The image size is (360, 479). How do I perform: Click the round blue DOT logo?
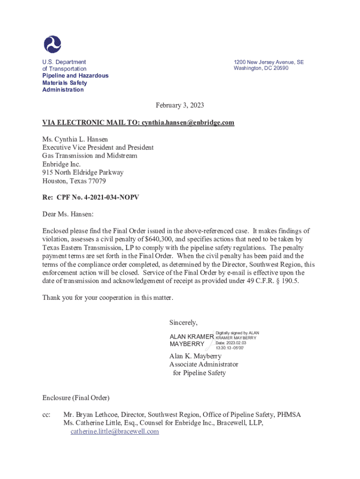(x=52, y=44)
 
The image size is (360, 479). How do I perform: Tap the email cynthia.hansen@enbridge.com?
(x=187, y=123)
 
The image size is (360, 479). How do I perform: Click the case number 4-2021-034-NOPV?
(x=107, y=198)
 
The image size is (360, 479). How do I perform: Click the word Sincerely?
(x=183, y=322)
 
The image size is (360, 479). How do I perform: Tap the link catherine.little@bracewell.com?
(x=115, y=432)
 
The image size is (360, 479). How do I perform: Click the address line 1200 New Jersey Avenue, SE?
(x=268, y=62)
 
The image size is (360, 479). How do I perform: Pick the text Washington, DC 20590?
(x=261, y=68)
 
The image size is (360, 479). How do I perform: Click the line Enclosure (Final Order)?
(x=76, y=398)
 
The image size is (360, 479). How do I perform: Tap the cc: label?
(x=46, y=414)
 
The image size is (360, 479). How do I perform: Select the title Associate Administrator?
(x=203, y=364)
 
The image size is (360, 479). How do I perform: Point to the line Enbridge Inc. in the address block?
(x=61, y=164)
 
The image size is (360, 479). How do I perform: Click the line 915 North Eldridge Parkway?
(x=83, y=173)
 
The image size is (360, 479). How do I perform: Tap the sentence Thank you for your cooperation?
(x=108, y=298)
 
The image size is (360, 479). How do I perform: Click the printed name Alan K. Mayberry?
(x=195, y=356)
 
